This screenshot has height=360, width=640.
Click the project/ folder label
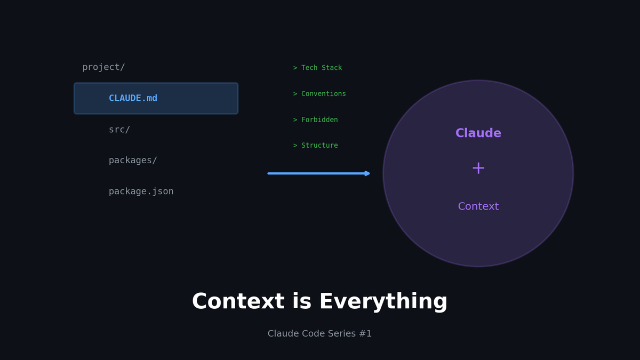tap(103, 67)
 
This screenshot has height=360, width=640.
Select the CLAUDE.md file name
tap(133, 98)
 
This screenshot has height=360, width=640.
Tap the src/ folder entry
tap(119, 130)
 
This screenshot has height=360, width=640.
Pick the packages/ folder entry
tap(133, 161)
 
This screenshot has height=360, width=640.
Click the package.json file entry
tap(141, 191)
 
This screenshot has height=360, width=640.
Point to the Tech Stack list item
tap(321, 68)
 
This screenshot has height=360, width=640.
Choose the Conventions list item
tap(323, 94)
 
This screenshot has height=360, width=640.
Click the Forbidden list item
tap(319, 120)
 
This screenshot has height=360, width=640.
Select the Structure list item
tap(319, 146)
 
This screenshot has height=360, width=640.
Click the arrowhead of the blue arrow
tap(367, 173)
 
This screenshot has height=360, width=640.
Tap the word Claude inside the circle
tap(478, 133)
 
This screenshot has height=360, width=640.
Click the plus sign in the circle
tap(478, 169)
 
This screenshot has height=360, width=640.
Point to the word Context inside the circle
tap(478, 206)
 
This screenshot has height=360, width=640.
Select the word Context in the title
tap(238, 302)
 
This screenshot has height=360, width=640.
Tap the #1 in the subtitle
tap(365, 334)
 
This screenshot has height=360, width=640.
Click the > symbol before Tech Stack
tap(295, 68)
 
